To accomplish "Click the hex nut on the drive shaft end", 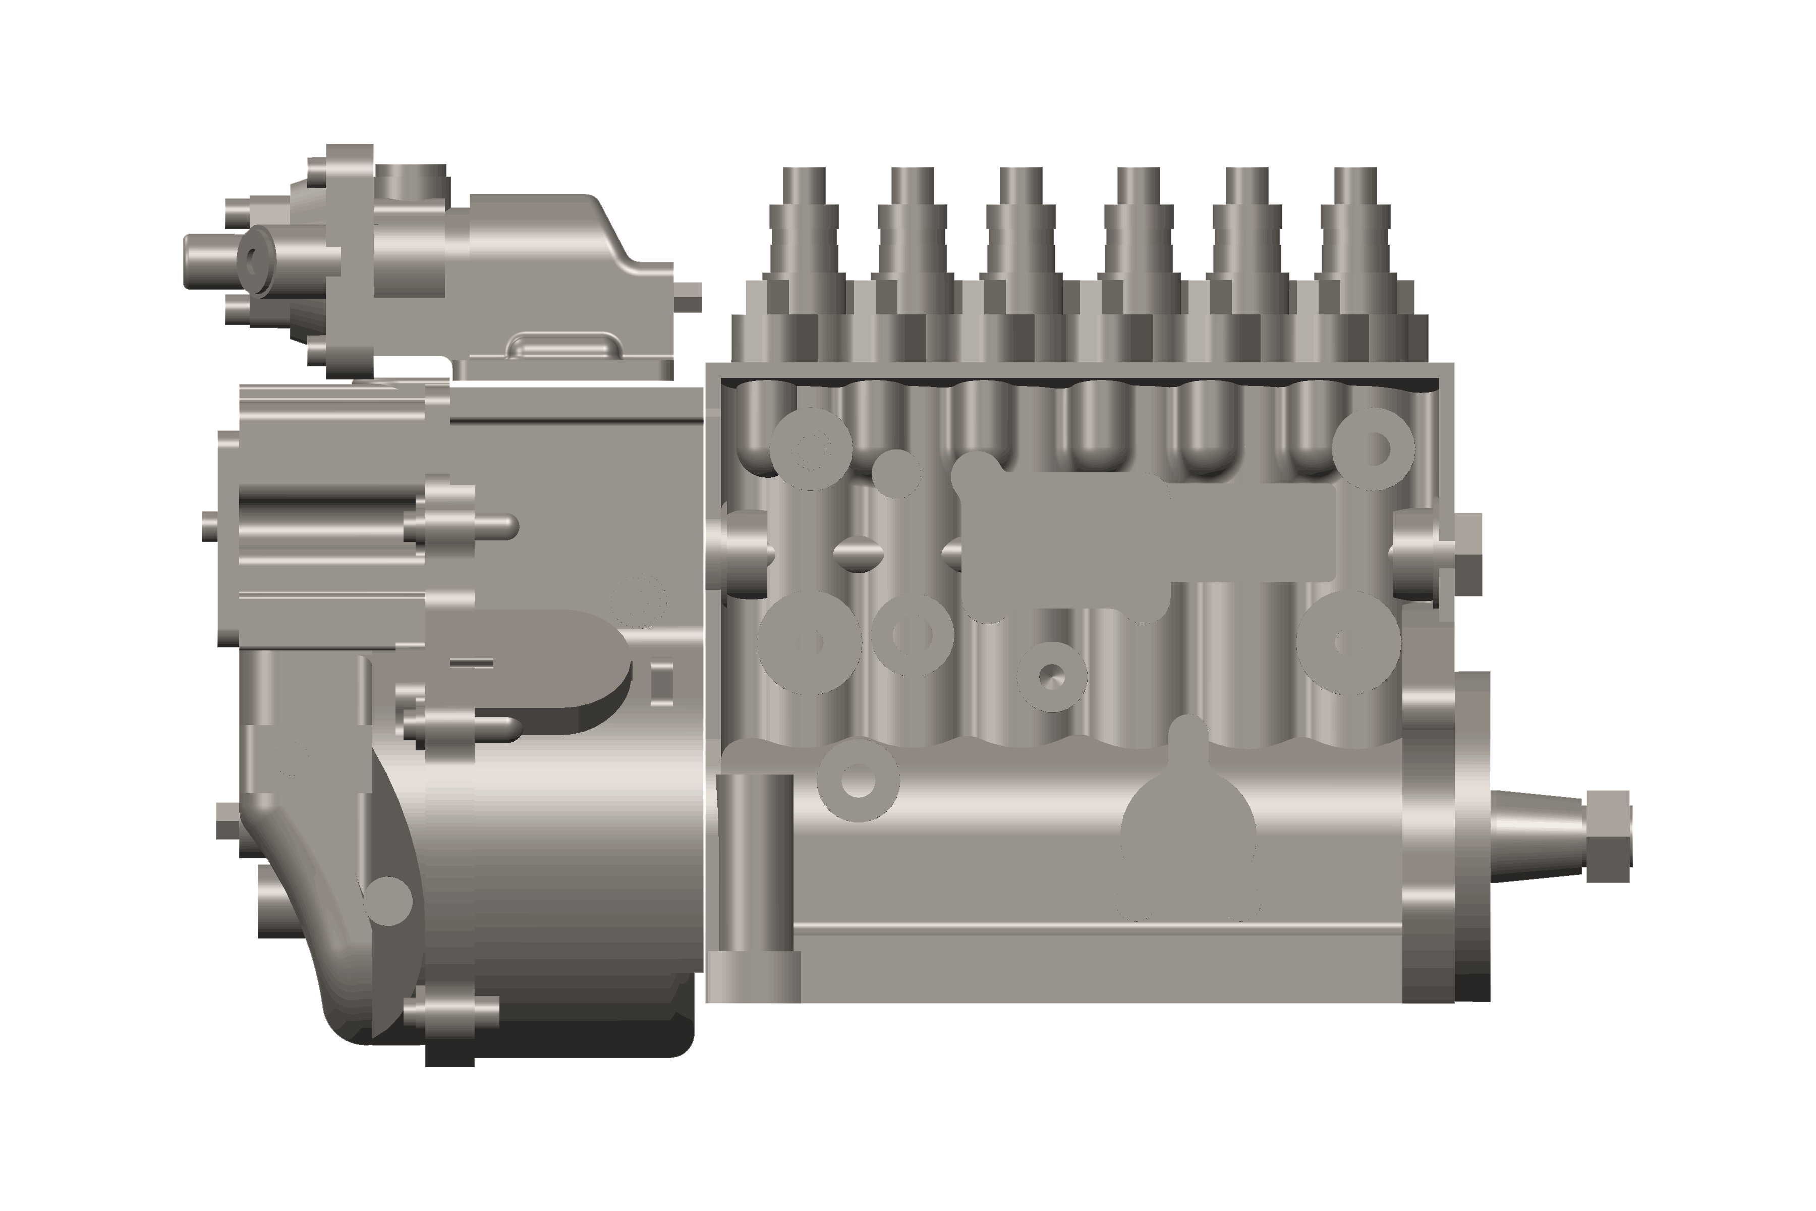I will tap(1608, 837).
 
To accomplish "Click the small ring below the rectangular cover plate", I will tap(1052, 677).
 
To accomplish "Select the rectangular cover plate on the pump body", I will tap(1151, 533).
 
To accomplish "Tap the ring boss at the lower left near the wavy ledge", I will tap(858, 779).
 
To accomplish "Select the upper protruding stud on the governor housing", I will tap(471, 527).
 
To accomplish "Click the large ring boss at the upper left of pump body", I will tap(810, 449).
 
